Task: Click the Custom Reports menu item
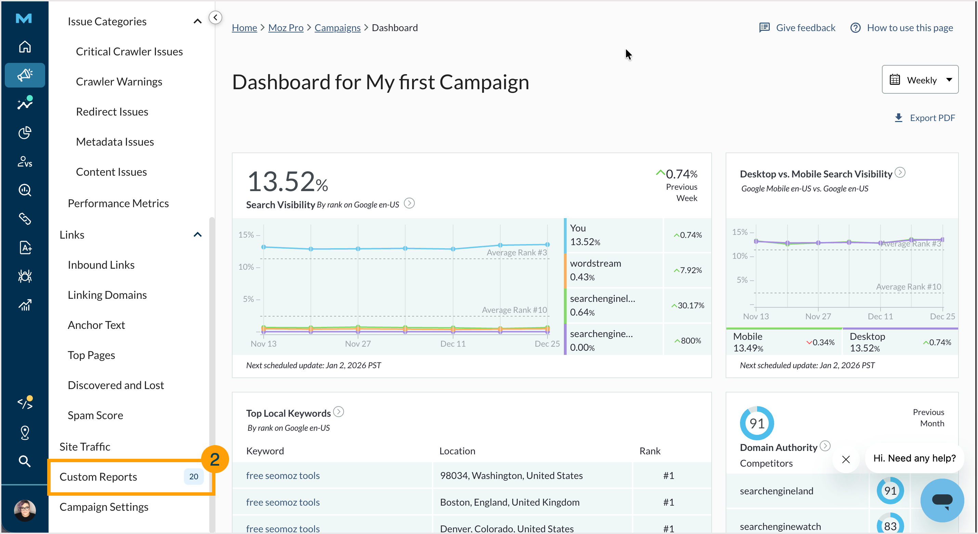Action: [98, 477]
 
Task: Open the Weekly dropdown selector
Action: [920, 80]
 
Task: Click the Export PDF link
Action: [925, 118]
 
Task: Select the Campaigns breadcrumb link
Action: [337, 28]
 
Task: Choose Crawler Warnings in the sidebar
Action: [119, 82]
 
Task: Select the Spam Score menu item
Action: [95, 415]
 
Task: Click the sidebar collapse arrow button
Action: [215, 17]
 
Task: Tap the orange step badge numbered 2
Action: [214, 459]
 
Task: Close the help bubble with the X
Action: [846, 459]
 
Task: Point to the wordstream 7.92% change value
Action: [688, 270]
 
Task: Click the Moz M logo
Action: [24, 18]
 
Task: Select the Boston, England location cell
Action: [510, 502]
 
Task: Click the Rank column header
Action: [650, 451]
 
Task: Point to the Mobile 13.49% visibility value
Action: [748, 348]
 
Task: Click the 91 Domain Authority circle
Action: [756, 423]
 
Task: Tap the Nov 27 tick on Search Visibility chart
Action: [358, 344]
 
